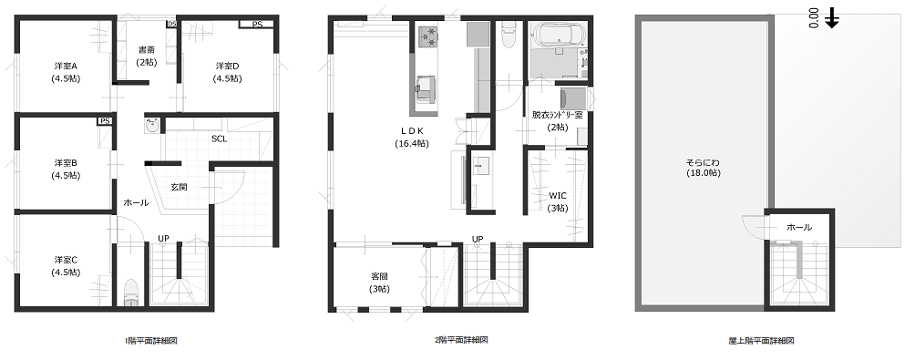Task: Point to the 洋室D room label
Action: (x=227, y=66)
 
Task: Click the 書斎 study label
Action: (x=146, y=49)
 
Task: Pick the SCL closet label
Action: (x=220, y=139)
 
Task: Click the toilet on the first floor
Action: (x=131, y=292)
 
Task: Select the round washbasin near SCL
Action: (x=152, y=126)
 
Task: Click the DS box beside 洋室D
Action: (x=171, y=24)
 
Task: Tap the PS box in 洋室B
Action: (x=105, y=121)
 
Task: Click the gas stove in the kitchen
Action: (x=428, y=36)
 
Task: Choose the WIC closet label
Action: (x=558, y=195)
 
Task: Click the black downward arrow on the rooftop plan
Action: (x=832, y=20)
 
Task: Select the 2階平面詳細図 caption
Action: (x=461, y=340)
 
